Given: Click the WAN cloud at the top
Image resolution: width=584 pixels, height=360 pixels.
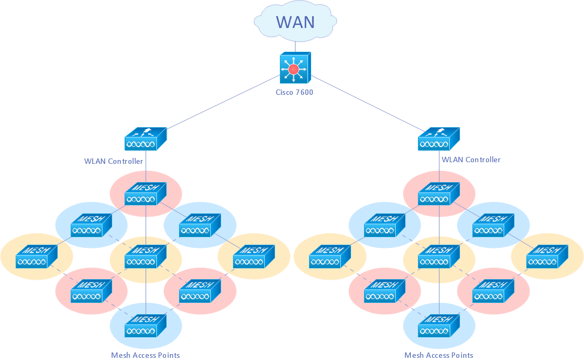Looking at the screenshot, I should [x=296, y=22].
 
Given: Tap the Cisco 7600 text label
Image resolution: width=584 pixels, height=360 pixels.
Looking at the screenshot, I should [x=294, y=92].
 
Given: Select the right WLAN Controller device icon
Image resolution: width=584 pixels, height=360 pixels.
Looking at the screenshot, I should [x=438, y=139].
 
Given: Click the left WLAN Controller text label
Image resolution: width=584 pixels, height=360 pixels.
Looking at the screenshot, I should [x=114, y=161].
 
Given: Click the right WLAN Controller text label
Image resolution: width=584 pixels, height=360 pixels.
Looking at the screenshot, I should [x=471, y=160].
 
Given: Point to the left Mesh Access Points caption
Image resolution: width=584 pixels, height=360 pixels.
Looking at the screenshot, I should [x=145, y=355].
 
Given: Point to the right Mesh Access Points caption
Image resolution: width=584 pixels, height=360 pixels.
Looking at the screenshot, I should [x=438, y=355].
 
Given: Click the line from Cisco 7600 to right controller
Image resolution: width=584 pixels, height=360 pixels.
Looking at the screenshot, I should [x=367, y=102].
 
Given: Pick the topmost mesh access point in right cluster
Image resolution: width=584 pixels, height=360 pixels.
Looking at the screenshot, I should [x=438, y=193].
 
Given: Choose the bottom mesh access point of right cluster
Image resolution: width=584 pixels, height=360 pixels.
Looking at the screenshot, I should [x=438, y=326].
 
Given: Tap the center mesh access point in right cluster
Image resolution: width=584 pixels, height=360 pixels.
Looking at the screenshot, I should [x=438, y=257].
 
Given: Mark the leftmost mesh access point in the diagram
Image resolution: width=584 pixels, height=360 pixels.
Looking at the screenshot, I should [x=36, y=257].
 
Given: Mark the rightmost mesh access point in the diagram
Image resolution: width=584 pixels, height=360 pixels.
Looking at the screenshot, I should [x=547, y=257].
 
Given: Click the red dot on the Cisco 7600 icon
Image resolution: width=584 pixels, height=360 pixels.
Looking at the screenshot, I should [x=293, y=69].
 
